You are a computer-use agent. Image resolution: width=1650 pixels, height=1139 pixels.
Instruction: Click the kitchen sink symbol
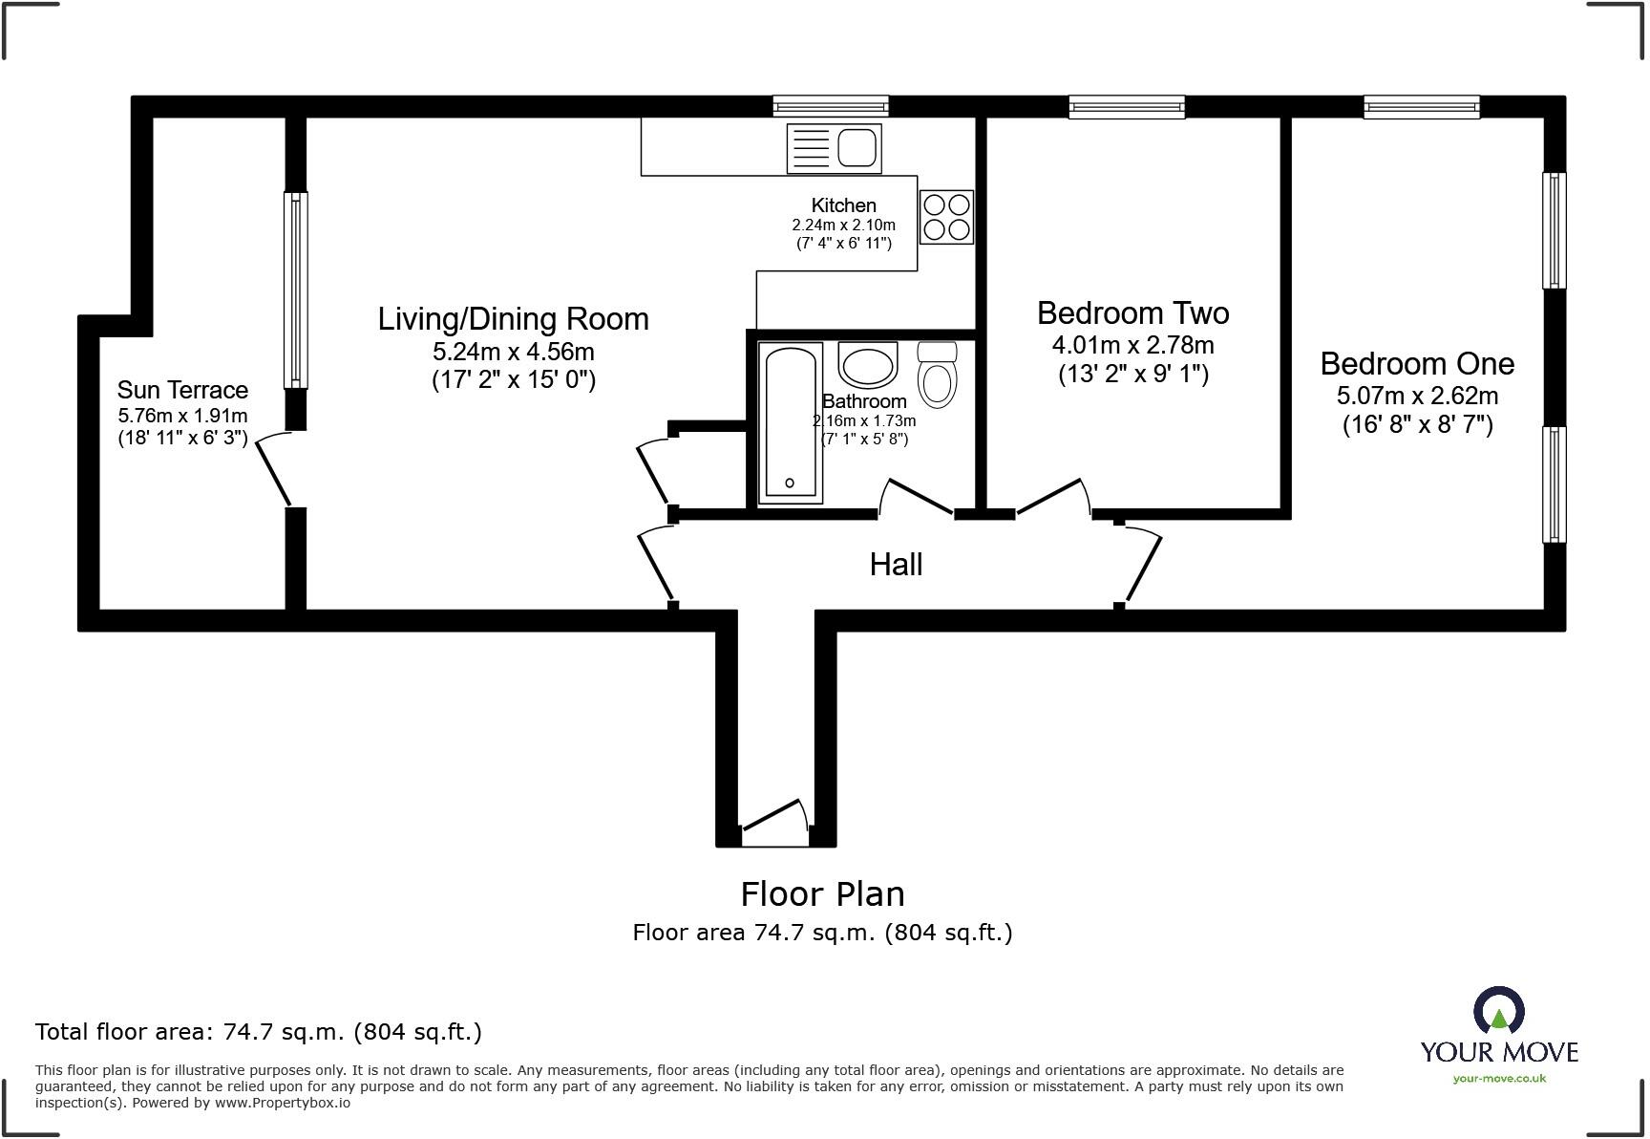click(x=834, y=149)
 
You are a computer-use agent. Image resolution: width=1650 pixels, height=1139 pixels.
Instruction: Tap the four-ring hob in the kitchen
click(x=946, y=217)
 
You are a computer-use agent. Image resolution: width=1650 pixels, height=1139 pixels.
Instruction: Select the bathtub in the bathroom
click(x=790, y=422)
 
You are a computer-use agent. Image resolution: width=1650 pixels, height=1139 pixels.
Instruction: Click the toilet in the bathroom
click(x=937, y=375)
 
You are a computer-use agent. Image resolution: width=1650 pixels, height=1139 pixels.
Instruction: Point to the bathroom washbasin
click(x=867, y=364)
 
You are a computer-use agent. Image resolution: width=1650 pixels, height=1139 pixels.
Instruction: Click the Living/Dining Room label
click(x=513, y=318)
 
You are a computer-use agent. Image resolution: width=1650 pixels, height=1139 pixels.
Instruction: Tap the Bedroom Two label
click(x=1132, y=312)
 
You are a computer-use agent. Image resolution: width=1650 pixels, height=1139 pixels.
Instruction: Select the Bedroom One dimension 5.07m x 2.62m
click(x=1416, y=395)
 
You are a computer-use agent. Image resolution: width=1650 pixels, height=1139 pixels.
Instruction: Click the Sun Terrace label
click(x=182, y=390)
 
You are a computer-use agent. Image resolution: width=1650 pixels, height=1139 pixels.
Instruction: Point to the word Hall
click(x=896, y=565)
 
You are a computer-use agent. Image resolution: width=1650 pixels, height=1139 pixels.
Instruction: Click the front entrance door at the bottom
click(x=774, y=819)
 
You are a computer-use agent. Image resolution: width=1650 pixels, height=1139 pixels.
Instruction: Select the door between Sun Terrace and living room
click(x=274, y=468)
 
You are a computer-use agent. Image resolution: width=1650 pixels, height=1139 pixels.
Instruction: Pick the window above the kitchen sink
click(x=830, y=106)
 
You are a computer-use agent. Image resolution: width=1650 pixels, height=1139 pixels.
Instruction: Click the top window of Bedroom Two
click(x=1127, y=106)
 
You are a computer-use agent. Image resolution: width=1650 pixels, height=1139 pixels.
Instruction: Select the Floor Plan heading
click(x=822, y=894)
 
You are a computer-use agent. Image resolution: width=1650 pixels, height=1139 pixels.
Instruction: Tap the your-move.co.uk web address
click(x=1498, y=1078)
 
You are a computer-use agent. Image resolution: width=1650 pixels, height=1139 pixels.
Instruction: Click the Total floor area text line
click(x=258, y=1032)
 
